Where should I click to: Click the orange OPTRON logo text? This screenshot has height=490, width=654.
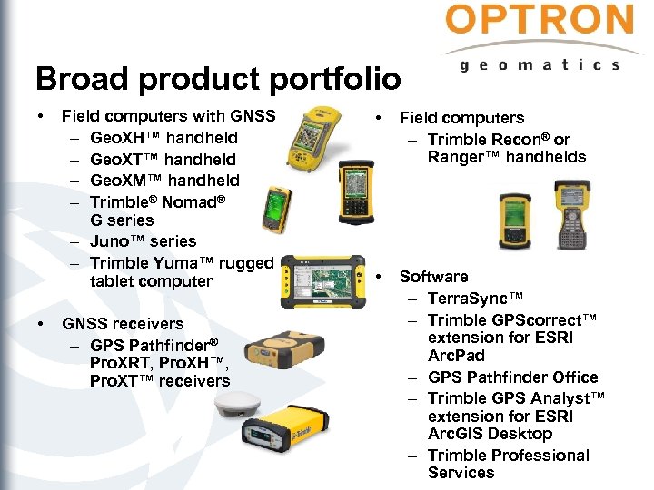coord(540,21)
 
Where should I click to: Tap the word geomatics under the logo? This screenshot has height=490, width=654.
coord(540,64)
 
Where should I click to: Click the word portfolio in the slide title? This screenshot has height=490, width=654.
coord(322,79)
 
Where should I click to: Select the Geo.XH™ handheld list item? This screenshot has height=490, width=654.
coord(163,138)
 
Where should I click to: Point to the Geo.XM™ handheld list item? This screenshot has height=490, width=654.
coord(164,180)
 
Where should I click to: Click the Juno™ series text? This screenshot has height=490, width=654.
coord(143,241)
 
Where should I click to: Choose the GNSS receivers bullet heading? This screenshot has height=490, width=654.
coord(122,324)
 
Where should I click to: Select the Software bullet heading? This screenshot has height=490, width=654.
coord(433,277)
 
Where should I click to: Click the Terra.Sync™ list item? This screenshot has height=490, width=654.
coord(475,299)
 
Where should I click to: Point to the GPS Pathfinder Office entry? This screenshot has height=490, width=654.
coord(512,377)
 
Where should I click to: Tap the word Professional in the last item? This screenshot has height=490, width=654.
coord(536,456)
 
